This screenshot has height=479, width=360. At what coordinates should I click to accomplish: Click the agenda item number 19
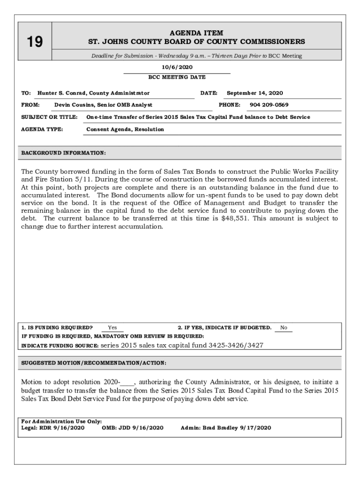pyautogui.click(x=34, y=43)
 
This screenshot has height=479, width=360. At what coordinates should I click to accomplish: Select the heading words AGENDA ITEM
pyautogui.click(x=196, y=33)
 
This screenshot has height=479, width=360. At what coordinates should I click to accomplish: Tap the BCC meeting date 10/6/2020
pyautogui.click(x=177, y=67)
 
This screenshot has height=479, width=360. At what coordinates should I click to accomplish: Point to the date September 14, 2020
pyautogui.click(x=255, y=93)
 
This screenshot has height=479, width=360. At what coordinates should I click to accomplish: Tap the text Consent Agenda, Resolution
pyautogui.click(x=125, y=129)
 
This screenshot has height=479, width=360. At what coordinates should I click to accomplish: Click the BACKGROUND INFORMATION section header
pyautogui.click(x=64, y=153)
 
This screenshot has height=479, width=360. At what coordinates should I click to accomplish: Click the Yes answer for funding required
pyautogui.click(x=112, y=328)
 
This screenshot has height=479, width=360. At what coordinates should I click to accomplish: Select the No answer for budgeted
pyautogui.click(x=284, y=328)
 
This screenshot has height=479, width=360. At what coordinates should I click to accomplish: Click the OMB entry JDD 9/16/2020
pyautogui.click(x=141, y=428)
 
